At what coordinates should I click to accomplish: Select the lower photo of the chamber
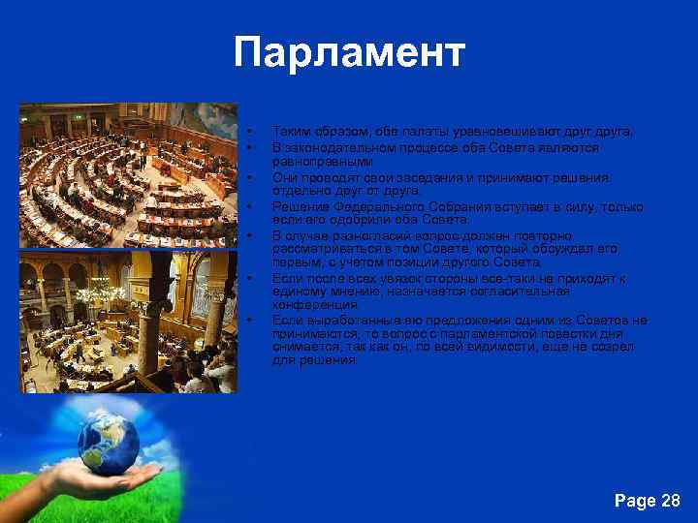128,322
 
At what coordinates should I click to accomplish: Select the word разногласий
375,235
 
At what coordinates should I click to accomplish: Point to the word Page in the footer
635,501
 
